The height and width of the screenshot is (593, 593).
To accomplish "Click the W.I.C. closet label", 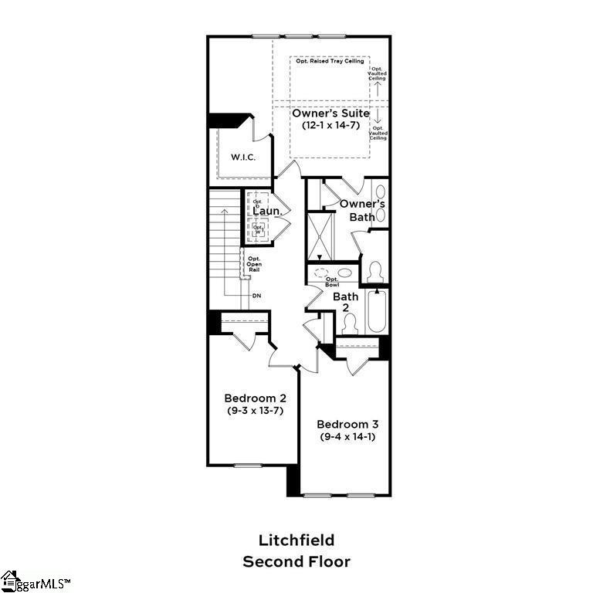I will [x=242, y=158].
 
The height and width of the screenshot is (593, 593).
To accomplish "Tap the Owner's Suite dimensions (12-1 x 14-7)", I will [x=330, y=127].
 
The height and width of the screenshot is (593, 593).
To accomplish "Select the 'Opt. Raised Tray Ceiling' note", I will [x=330, y=61].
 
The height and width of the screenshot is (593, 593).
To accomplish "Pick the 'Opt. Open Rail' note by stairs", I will [x=254, y=264].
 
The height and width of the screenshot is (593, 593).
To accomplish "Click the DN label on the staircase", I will [x=257, y=296].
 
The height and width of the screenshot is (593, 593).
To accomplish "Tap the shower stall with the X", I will [x=319, y=235].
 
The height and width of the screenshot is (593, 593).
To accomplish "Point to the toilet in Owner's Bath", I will [x=376, y=273].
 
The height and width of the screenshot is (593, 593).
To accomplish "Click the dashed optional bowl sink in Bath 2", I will [x=322, y=273].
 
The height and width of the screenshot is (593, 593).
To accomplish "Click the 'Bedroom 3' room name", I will [x=347, y=424].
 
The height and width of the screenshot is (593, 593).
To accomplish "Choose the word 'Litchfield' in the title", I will [x=296, y=540].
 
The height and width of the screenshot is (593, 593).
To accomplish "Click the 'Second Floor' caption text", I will [x=296, y=561].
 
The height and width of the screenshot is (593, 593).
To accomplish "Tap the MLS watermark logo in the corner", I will [x=36, y=581].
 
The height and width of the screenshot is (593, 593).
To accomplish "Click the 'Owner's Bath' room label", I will [x=362, y=210].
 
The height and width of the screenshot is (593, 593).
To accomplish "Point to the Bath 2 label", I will [x=345, y=301].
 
